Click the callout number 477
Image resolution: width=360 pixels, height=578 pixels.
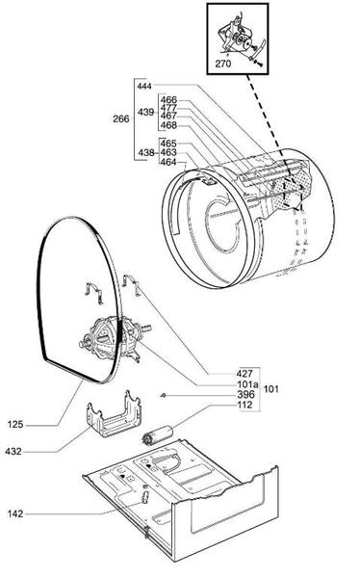coord(168,109)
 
